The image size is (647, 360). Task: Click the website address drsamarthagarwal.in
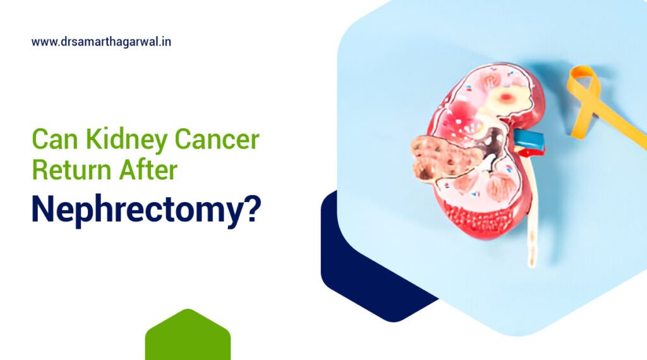click(101, 42)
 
